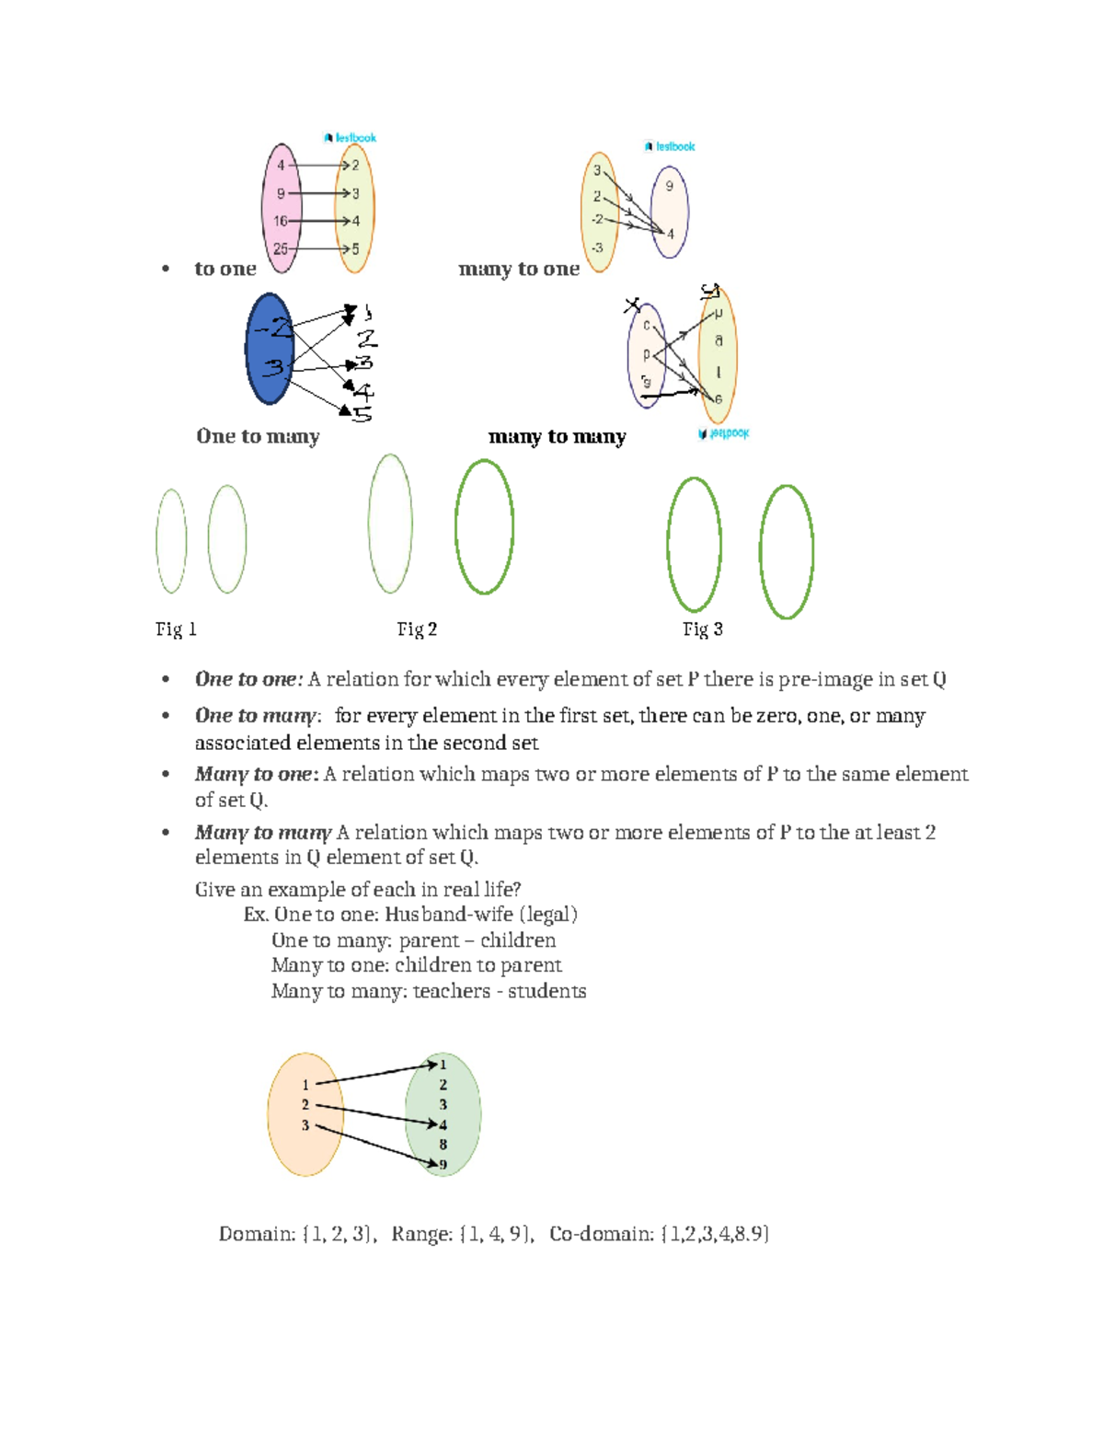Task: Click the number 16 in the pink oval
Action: click(281, 221)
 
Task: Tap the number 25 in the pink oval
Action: click(281, 248)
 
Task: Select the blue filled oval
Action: click(269, 350)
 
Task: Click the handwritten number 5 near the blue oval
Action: click(362, 414)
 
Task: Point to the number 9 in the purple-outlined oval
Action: click(669, 186)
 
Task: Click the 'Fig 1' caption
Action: click(176, 629)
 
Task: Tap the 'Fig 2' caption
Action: click(417, 629)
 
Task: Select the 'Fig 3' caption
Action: click(702, 629)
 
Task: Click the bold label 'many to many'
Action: click(557, 436)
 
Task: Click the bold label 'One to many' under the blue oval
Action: click(258, 436)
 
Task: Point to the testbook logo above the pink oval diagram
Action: click(350, 138)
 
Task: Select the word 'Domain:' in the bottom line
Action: click(258, 1234)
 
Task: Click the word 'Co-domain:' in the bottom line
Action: click(602, 1234)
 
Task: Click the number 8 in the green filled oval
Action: click(443, 1145)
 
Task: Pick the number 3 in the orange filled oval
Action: click(305, 1125)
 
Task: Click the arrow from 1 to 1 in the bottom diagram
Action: click(375, 1074)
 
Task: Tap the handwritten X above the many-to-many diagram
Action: click(632, 305)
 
